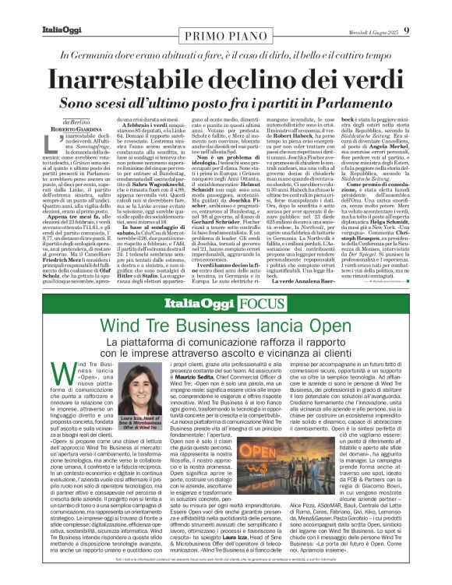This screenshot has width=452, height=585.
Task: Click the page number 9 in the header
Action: (x=438, y=9)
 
